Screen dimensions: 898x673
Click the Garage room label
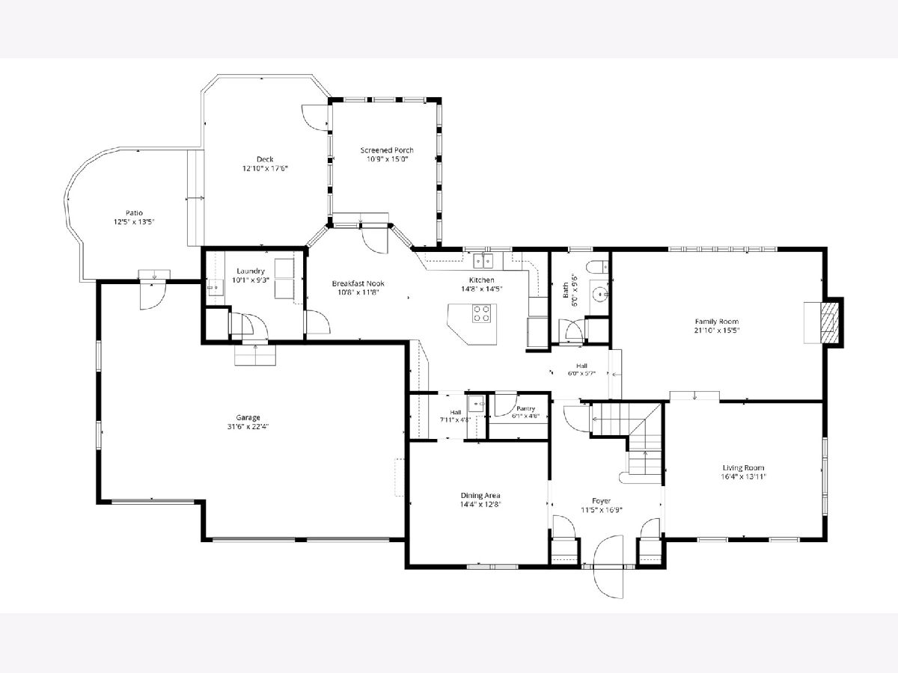pyautogui.click(x=248, y=417)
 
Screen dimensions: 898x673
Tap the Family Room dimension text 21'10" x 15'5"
pyautogui.click(x=717, y=331)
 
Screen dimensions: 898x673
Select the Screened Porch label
pyautogui.click(x=387, y=150)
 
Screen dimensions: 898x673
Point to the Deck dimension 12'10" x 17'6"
pyautogui.click(x=265, y=168)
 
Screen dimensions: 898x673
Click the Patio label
pyautogui.click(x=134, y=213)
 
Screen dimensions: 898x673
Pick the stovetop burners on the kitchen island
pyautogui.click(x=481, y=313)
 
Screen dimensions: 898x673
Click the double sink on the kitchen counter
pyautogui.click(x=483, y=261)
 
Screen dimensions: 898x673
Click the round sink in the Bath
pyautogui.click(x=600, y=293)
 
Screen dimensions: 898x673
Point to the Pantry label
pyautogui.click(x=526, y=408)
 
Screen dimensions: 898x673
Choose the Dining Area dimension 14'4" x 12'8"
pyautogui.click(x=480, y=505)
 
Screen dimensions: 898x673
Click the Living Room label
pyautogui.click(x=743, y=468)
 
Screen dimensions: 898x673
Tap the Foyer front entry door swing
pyautogui.click(x=608, y=567)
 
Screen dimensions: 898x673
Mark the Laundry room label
pyautogui.click(x=251, y=271)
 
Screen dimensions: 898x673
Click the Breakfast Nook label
pyautogui.click(x=358, y=283)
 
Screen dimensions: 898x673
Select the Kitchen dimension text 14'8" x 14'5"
pyautogui.click(x=481, y=289)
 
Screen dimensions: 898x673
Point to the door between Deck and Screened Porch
pyautogui.click(x=316, y=117)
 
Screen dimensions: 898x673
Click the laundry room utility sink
pyautogui.click(x=216, y=287)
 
